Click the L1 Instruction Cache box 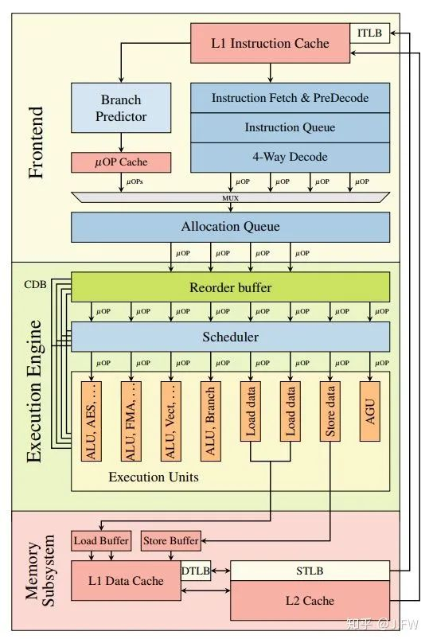click(270, 43)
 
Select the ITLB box click(370, 33)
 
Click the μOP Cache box click(121, 162)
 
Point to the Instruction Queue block click(290, 127)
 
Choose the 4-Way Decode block click(290, 157)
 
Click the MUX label click(230, 196)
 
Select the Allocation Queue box click(230, 227)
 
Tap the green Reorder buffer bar click(230, 287)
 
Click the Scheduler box click(230, 337)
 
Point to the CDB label click(35, 284)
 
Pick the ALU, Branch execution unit click(210, 411)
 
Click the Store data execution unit click(330, 411)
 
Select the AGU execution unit click(369, 411)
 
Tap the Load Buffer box click(101, 541)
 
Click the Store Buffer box click(170, 541)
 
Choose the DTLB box click(195, 571)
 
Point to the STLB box click(310, 571)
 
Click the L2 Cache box click(310, 600)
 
